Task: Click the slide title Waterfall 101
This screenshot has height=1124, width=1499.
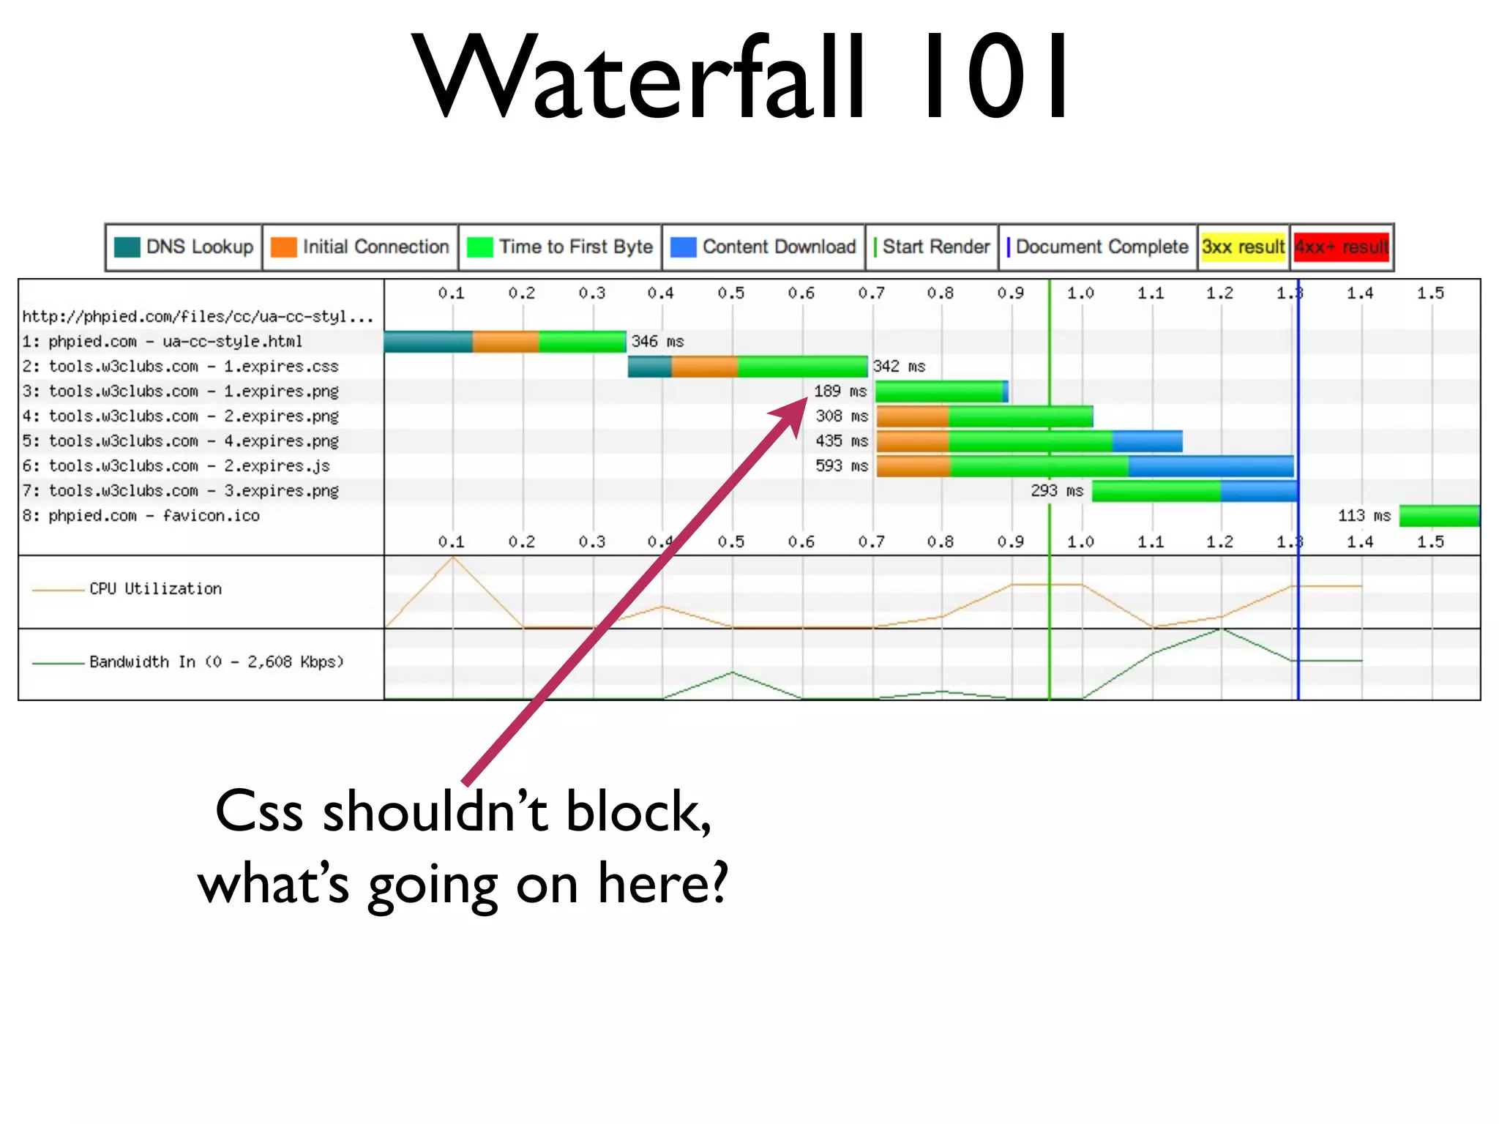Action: (x=741, y=77)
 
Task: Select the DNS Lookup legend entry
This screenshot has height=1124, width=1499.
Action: (x=184, y=247)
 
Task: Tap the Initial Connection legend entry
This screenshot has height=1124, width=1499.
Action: (x=360, y=247)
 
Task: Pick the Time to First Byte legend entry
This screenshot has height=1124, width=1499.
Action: (x=561, y=247)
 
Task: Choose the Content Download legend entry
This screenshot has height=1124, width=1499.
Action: (x=764, y=247)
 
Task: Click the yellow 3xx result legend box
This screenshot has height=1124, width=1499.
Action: (x=1243, y=247)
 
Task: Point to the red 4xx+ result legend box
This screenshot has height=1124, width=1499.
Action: (x=1341, y=247)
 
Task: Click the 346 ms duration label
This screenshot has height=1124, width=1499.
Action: (x=657, y=342)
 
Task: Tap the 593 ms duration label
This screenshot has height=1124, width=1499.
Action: (x=842, y=466)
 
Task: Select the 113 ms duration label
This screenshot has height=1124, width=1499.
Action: (x=1364, y=516)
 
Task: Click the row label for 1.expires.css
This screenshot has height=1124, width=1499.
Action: (x=181, y=367)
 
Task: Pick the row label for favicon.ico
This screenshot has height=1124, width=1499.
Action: (x=141, y=516)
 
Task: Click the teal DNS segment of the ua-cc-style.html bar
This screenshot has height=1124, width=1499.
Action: (x=428, y=342)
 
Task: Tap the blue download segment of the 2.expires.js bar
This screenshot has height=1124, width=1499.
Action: (x=1211, y=466)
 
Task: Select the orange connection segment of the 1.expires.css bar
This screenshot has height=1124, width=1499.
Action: (x=704, y=367)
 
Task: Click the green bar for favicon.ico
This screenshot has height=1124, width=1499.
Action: (x=1439, y=516)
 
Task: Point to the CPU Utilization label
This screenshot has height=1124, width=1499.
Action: (x=155, y=589)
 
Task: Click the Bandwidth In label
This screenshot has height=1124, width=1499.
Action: (x=216, y=662)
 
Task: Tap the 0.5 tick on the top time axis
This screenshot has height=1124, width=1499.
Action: (x=731, y=293)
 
